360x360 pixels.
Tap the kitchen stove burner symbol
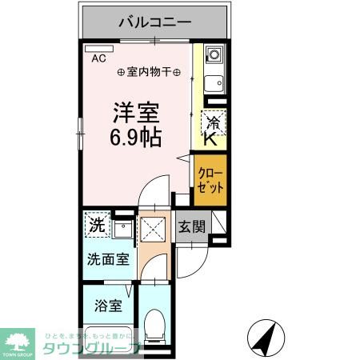click(x=214, y=56)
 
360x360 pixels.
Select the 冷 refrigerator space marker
click(x=214, y=123)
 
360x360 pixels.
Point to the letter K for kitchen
click(x=210, y=140)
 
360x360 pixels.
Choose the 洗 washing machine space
click(x=96, y=226)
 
